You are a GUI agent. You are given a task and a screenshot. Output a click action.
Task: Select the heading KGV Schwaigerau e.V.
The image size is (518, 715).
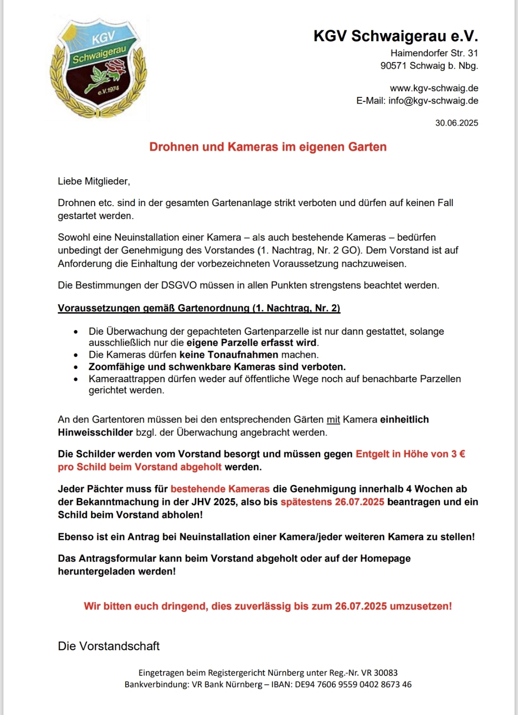click(x=396, y=36)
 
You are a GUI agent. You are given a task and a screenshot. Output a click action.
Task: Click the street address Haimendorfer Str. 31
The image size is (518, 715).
click(x=434, y=53)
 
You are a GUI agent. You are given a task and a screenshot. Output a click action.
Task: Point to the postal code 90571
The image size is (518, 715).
click(x=393, y=66)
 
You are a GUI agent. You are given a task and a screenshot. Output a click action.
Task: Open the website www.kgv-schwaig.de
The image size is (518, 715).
click(x=434, y=88)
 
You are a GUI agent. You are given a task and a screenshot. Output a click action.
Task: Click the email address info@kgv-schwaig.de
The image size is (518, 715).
click(x=433, y=101)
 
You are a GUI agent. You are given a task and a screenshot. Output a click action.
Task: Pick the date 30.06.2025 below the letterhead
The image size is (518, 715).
click(x=457, y=123)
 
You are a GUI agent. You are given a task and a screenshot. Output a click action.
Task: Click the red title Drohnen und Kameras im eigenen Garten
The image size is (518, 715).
click(x=268, y=147)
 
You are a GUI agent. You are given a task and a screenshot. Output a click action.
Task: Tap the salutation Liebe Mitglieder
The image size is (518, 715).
click(x=94, y=181)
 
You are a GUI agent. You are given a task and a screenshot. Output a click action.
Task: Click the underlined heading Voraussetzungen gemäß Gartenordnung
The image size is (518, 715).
click(x=199, y=308)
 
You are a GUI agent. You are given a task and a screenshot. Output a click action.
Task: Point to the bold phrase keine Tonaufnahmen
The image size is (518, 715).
click(x=229, y=355)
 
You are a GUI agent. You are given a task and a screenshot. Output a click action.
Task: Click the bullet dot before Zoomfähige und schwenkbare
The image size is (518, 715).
click(x=76, y=367)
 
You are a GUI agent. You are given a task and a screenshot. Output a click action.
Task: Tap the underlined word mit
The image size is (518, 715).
click(x=333, y=420)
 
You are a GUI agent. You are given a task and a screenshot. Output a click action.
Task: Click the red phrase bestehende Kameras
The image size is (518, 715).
click(x=220, y=489)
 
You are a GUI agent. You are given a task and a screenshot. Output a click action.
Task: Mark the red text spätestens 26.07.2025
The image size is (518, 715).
click(x=332, y=502)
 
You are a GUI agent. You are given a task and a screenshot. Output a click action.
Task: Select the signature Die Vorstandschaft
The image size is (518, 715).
click(x=109, y=646)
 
